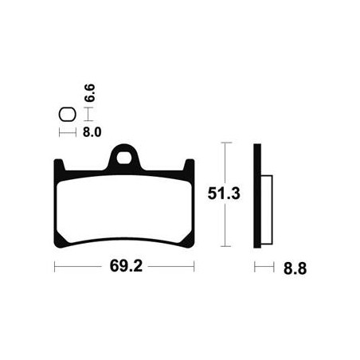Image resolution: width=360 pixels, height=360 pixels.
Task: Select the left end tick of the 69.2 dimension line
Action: [x=54, y=267]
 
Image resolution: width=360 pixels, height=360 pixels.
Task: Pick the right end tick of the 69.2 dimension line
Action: [x=194, y=267]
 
